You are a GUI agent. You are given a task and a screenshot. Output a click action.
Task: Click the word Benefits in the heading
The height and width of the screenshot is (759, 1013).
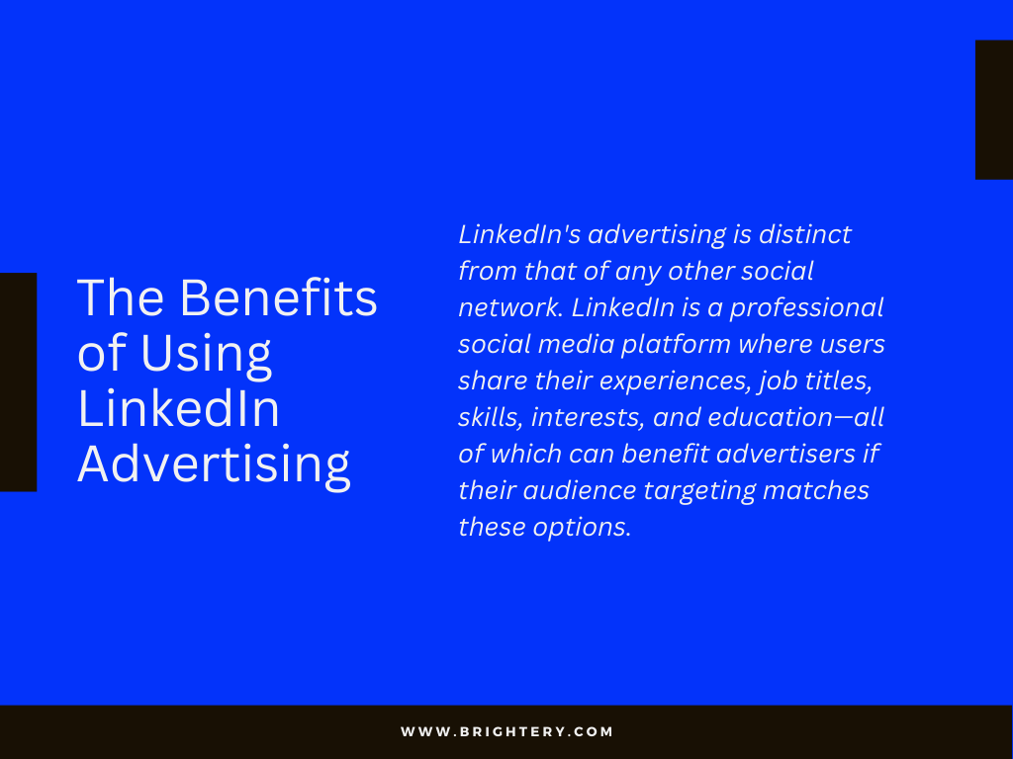tap(278, 297)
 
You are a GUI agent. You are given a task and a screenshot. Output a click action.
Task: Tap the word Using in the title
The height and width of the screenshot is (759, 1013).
tap(206, 355)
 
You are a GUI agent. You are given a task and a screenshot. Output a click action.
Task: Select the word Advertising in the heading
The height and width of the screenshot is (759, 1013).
tap(214, 465)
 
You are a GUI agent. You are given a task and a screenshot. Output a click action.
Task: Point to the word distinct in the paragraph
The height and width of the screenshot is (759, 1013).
tap(804, 234)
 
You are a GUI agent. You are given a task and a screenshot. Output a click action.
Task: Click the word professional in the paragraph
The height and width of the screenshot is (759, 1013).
tap(806, 308)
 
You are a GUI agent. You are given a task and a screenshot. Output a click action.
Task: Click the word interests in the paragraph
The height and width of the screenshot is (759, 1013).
tap(588, 418)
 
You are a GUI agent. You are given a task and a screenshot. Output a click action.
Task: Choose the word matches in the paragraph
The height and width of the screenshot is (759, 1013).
tap(815, 490)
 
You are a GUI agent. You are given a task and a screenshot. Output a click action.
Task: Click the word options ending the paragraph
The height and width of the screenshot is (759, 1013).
tap(582, 529)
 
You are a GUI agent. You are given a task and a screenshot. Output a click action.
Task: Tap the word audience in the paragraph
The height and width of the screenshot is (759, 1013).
tap(580, 490)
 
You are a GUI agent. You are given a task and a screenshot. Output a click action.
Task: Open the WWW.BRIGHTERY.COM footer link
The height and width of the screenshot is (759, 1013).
tap(506, 732)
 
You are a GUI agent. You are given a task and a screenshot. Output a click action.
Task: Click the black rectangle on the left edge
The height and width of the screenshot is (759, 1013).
tap(18, 382)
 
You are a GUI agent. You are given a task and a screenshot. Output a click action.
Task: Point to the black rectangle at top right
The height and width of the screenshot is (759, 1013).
tap(994, 110)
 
